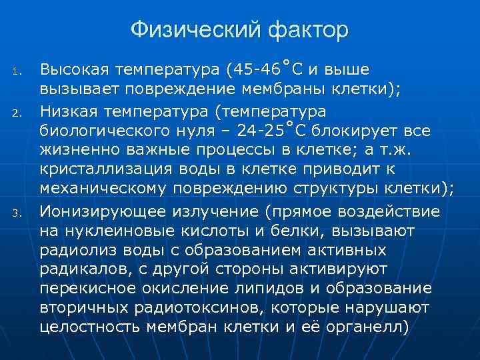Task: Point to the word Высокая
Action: pos(74,69)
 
